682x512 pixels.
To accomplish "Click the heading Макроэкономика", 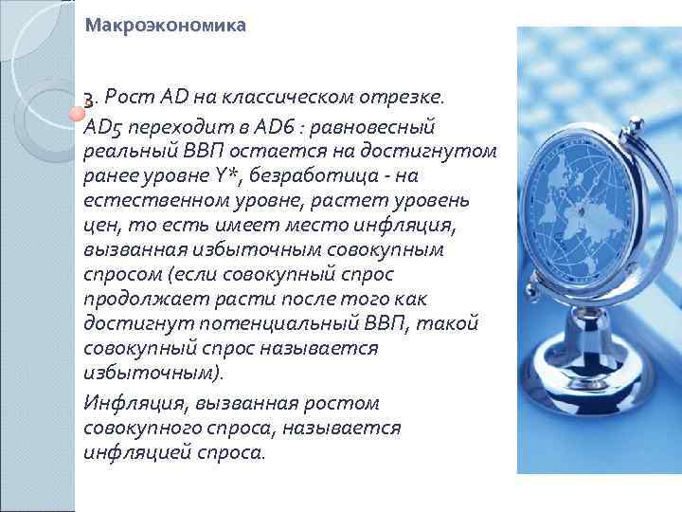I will pos(165,27).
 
